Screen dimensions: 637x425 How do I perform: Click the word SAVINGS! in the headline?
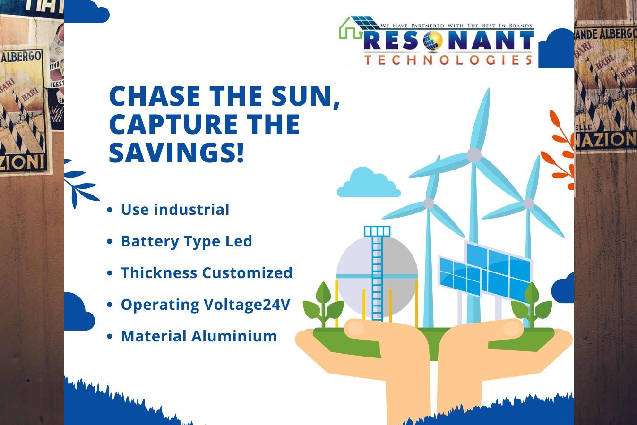tap(176, 153)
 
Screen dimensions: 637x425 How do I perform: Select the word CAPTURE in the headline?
tap(173, 124)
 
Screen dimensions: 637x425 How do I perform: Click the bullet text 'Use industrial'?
tap(175, 210)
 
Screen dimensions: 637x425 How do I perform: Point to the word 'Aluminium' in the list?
tap(234, 336)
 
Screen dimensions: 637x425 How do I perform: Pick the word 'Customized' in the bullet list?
tap(247, 273)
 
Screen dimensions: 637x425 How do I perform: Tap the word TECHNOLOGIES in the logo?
tap(448, 60)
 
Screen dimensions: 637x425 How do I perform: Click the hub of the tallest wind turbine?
tap(474, 155)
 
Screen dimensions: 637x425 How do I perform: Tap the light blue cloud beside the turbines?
tap(369, 182)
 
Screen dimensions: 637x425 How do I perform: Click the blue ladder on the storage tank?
tap(377, 273)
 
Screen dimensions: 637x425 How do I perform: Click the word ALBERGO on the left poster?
tap(22, 57)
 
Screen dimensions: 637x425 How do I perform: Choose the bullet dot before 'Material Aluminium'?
tap(110, 336)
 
